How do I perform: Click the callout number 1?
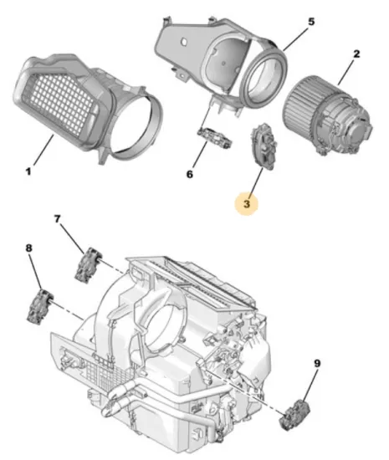(28, 172)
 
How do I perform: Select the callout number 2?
(356, 54)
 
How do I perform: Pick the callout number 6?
(189, 174)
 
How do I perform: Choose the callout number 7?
(58, 220)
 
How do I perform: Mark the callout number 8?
(28, 248)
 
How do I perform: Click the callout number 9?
(317, 364)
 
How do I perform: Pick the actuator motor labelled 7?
(90, 267)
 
